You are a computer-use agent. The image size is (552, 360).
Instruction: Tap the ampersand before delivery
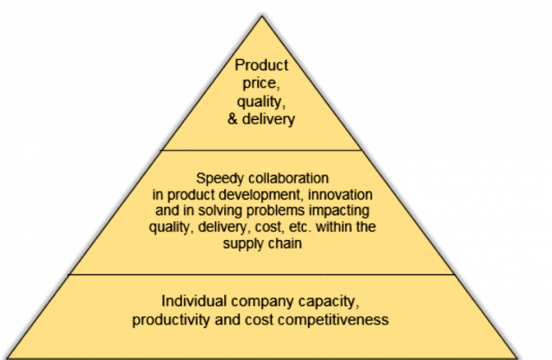coord(233,119)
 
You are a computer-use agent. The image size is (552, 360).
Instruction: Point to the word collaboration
coord(288,178)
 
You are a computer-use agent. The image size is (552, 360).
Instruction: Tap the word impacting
coord(339,211)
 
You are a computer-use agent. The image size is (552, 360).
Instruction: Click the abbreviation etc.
coord(300,227)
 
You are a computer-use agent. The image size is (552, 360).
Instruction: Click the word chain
coord(285,243)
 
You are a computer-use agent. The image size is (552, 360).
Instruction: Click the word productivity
coord(170,320)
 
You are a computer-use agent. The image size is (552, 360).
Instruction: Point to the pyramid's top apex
coord(262,16)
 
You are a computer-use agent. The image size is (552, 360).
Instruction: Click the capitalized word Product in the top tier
coord(262,65)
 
